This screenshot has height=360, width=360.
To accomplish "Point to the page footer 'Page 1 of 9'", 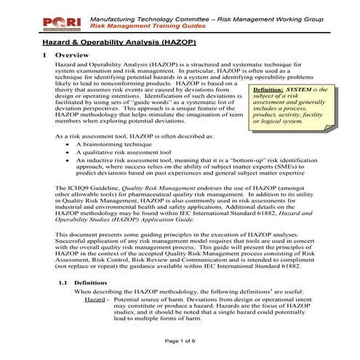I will pyautogui.click(x=180, y=341).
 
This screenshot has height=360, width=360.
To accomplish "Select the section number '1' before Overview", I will pyautogui.click(x=45, y=55).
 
